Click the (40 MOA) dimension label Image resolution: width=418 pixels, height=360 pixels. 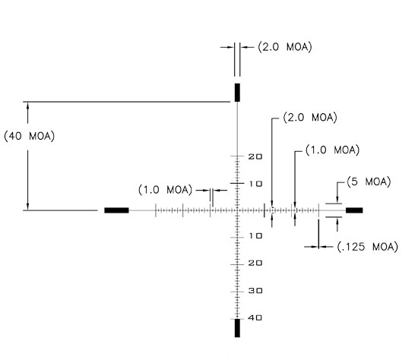tap(30, 136)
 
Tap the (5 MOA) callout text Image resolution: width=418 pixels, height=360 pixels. tap(369, 182)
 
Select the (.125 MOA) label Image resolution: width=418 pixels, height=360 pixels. tap(368, 247)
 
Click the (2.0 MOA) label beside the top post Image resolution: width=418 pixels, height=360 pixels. tap(285, 47)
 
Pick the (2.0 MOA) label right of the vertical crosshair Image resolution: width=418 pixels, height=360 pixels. tap(310, 117)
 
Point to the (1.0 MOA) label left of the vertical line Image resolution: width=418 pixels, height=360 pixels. tap(165, 190)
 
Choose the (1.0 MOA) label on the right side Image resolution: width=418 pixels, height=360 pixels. tap(332, 150)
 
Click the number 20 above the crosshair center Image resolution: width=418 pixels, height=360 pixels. tap(255, 156)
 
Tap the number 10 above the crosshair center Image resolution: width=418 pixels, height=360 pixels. tap(255, 184)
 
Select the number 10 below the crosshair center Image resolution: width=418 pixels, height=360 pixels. tap(255, 236)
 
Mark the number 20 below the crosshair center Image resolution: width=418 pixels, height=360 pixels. tap(255, 264)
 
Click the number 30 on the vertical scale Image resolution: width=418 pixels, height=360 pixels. tap(255, 290)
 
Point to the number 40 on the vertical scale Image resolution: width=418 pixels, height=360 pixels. tap(255, 317)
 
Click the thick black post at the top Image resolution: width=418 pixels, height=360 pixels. tap(237, 93)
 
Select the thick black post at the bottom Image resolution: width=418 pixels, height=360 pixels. tap(237, 328)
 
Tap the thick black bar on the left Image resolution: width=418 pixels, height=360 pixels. tap(116, 210)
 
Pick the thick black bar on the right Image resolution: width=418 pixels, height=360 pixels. tap(354, 210)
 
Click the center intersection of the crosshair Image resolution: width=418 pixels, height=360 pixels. tap(237, 210)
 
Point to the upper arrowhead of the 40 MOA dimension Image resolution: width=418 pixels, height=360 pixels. tap(27, 105)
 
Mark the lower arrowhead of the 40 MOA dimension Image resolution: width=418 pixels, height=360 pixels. tap(27, 207)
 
